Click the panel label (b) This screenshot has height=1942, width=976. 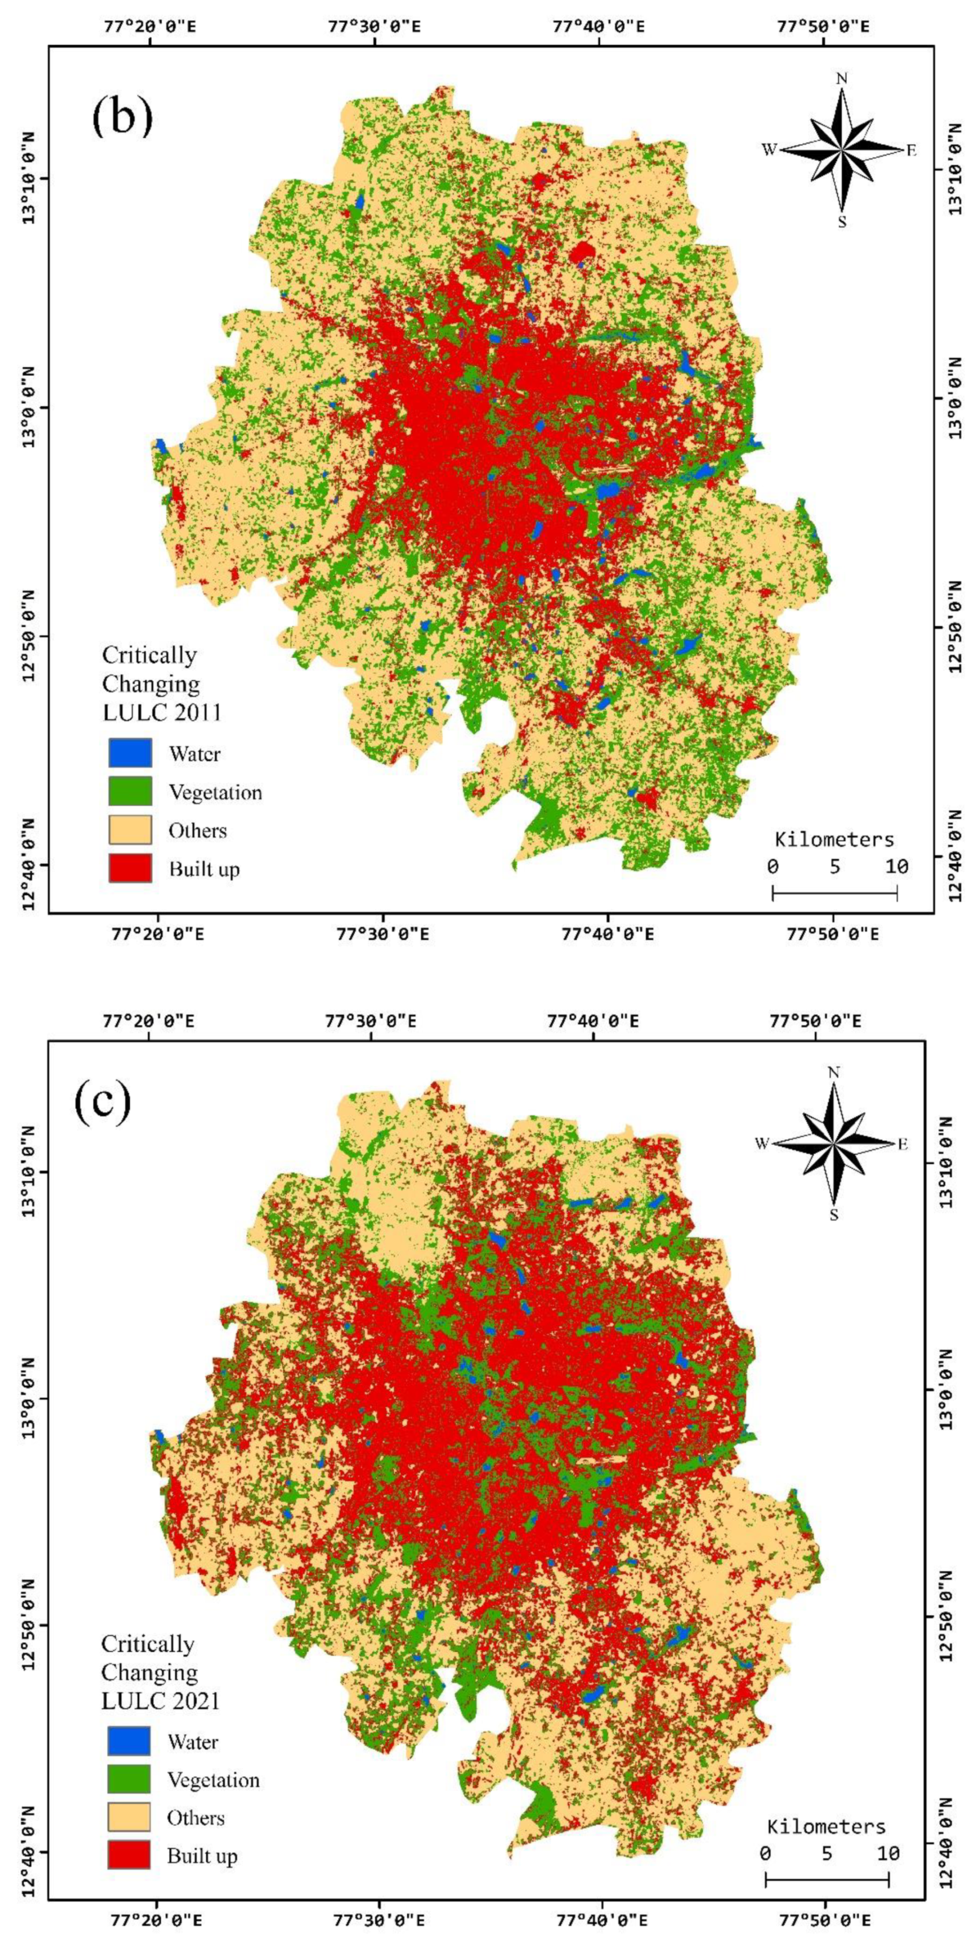point(122,117)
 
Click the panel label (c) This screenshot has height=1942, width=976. point(103,1102)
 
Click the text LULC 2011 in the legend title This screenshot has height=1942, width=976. point(161,712)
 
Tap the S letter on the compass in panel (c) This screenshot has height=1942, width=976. point(834,1215)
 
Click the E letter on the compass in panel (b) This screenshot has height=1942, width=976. point(911,151)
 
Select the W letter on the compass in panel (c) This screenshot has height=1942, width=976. point(762,1143)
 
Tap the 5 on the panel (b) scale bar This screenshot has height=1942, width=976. point(834,866)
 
